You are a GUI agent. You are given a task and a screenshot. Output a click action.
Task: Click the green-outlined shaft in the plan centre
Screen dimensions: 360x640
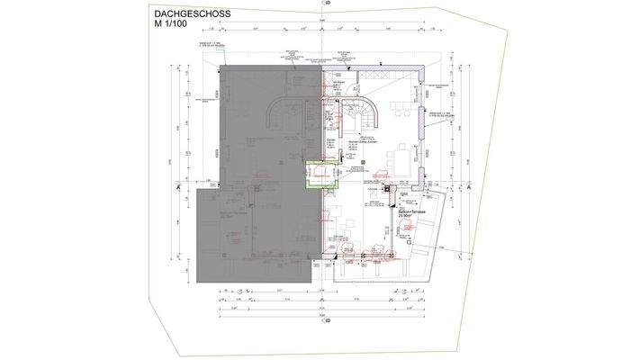click(x=320, y=174)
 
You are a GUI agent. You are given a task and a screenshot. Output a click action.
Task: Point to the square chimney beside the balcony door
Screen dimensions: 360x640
click(x=385, y=190)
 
